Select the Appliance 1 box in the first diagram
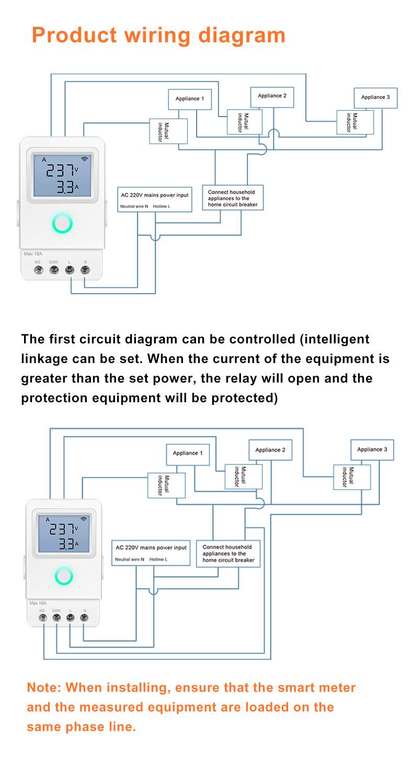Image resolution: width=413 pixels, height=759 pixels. (x=189, y=99)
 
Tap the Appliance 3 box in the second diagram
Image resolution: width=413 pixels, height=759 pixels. (x=372, y=449)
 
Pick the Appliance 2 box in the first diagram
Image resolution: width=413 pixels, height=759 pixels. (x=272, y=96)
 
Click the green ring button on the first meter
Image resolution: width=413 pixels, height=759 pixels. (x=62, y=224)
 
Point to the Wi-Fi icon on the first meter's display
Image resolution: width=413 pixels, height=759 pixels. (x=84, y=159)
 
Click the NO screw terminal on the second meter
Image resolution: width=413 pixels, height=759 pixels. (x=42, y=617)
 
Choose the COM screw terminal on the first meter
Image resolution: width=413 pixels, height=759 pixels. (x=54, y=270)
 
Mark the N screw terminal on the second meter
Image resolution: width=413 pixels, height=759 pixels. (x=84, y=617)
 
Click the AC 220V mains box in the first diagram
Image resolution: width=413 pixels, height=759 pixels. (x=154, y=199)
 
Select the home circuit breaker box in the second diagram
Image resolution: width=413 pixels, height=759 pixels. (x=228, y=554)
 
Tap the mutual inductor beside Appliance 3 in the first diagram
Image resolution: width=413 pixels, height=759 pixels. (x=355, y=123)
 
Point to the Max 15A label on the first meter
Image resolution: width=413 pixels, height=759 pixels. (x=33, y=254)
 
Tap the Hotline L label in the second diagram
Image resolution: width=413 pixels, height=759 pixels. (x=158, y=559)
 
